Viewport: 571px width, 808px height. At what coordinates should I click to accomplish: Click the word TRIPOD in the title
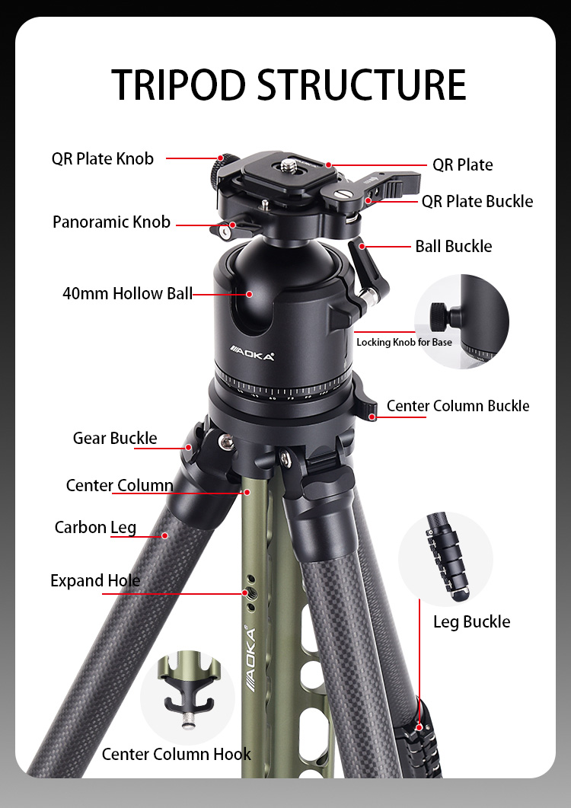click(x=179, y=85)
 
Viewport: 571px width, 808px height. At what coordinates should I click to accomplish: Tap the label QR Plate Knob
click(x=103, y=158)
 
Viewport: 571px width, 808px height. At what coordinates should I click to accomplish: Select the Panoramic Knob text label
click(x=111, y=222)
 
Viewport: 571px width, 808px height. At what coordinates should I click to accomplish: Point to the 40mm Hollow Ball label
click(x=127, y=293)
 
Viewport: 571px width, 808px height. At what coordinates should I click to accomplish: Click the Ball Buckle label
click(x=454, y=246)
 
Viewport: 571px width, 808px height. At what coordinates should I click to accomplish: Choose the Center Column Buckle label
click(x=458, y=406)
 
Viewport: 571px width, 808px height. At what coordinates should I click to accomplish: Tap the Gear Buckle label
click(x=115, y=438)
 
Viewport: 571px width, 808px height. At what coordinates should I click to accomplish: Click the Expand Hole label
click(x=95, y=581)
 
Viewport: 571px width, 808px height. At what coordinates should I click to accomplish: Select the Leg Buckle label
click(x=471, y=621)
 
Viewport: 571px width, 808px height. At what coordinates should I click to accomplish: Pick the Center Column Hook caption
click(x=176, y=754)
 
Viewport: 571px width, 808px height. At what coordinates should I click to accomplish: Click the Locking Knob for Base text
click(x=404, y=342)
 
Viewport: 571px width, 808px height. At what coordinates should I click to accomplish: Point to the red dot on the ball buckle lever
click(x=362, y=246)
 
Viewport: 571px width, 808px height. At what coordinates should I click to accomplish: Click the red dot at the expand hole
click(x=245, y=592)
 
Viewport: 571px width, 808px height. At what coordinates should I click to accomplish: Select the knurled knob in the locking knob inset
click(x=438, y=316)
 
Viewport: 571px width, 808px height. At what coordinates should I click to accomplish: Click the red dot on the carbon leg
click(x=165, y=536)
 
